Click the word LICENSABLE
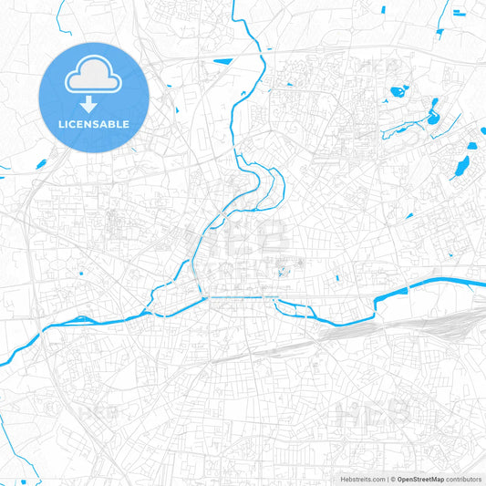coord(94,124)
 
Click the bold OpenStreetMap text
coord(420,479)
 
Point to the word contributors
coord(464,479)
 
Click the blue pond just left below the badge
coord(41,164)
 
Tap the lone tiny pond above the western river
coord(81,273)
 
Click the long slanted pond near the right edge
coord(463,166)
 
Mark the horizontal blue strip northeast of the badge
coord(222,63)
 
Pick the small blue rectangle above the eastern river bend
coord(337,278)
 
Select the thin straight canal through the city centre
coord(237,295)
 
